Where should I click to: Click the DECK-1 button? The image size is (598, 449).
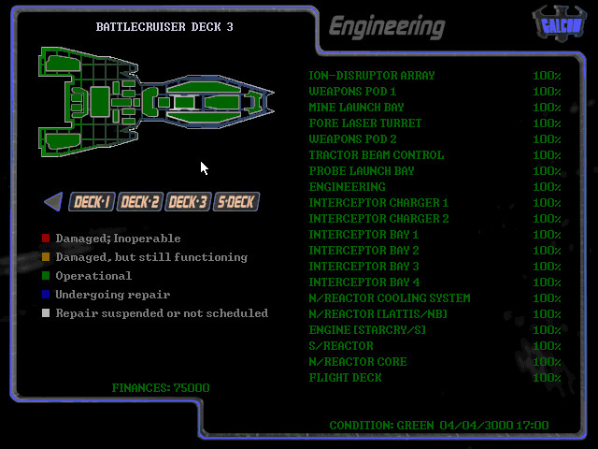point(93,201)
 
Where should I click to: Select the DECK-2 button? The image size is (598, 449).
point(140,201)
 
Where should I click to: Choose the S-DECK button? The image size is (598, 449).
point(235,201)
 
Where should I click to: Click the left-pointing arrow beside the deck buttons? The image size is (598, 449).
point(53,201)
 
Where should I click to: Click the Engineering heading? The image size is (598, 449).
point(386,27)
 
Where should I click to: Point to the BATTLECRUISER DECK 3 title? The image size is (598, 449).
point(164,27)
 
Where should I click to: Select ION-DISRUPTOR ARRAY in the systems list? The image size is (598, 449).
point(371,76)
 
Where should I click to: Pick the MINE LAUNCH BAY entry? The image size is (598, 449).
point(356,108)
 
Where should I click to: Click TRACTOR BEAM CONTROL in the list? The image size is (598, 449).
point(376,155)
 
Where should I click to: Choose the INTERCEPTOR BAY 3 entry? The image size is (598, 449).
point(363,267)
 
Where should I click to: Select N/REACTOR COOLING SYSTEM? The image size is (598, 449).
point(389,298)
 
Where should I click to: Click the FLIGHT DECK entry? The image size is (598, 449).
point(345,378)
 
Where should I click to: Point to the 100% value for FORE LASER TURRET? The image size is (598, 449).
point(547,123)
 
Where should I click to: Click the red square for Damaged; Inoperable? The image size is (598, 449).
point(46,239)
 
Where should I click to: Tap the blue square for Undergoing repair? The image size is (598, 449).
point(46,295)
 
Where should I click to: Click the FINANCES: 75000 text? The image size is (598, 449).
point(161,387)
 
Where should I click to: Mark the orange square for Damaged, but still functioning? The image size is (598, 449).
point(46,257)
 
